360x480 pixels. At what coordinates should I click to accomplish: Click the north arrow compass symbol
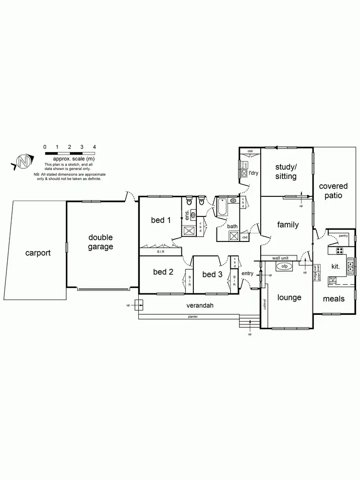(23, 162)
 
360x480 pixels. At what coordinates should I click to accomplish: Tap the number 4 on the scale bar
(95, 146)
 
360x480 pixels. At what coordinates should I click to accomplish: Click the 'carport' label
(38, 252)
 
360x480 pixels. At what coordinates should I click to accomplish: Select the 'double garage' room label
(100, 242)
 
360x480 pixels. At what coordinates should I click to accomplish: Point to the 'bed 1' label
(161, 220)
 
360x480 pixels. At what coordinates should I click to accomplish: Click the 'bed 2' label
(163, 272)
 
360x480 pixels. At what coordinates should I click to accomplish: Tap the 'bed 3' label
(212, 274)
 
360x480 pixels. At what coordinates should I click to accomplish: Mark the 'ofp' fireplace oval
(285, 266)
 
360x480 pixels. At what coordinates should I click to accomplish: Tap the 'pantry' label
(343, 236)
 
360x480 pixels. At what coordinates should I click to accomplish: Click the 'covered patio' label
(333, 191)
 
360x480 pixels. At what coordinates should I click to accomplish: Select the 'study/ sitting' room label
(286, 171)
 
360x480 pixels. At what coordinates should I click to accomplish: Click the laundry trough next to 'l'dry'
(244, 174)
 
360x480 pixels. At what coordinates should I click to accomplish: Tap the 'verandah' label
(200, 305)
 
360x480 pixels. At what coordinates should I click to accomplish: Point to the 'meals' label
(334, 299)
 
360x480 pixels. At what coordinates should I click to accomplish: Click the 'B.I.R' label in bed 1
(160, 252)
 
